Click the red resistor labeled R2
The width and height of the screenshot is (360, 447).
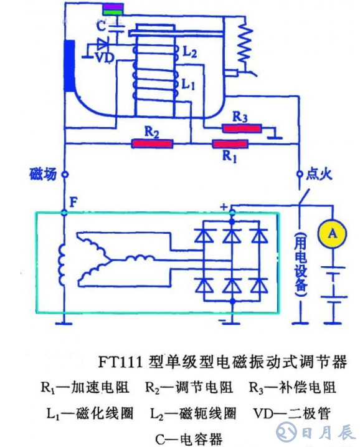pos(152,144)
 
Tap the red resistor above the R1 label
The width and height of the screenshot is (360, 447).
pos(230,145)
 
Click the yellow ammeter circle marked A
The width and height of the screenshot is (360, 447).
pos(333,233)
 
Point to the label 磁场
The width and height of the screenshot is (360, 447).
pos(43,174)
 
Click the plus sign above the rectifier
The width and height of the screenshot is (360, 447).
pos(222,206)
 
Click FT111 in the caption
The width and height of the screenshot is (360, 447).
pos(122,362)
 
